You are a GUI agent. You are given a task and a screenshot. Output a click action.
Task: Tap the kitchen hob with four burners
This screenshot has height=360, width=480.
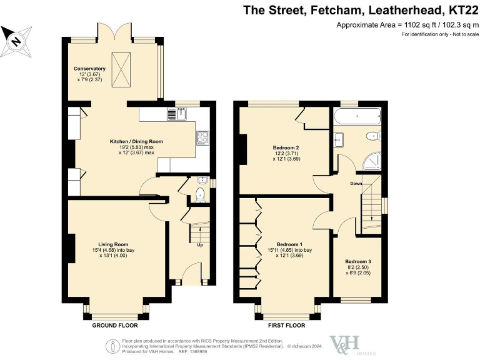pyautogui.click(x=203, y=137)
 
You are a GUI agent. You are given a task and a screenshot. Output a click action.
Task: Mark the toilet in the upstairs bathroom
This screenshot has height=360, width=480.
pyautogui.click(x=373, y=135)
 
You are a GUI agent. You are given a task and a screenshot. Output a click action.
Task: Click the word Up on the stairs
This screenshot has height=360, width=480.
pyautogui.click(x=199, y=245)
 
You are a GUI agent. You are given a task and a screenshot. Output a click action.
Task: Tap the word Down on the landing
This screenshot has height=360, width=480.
pyautogui.click(x=355, y=184)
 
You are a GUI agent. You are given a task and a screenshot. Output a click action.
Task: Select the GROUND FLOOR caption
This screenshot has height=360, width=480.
pyautogui.click(x=116, y=326)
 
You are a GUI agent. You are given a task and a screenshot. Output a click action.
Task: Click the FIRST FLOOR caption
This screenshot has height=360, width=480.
pyautogui.click(x=286, y=326)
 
